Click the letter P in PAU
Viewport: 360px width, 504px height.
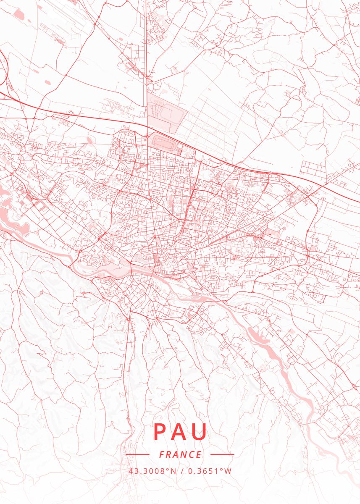[x=160, y=431]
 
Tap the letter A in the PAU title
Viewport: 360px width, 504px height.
[x=180, y=431]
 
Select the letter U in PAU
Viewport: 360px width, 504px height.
[x=200, y=431]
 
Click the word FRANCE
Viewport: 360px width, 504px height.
[x=180, y=454]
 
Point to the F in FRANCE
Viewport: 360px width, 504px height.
[x=162, y=454]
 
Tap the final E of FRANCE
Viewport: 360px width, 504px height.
[x=199, y=454]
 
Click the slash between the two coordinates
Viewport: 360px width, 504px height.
[x=182, y=471]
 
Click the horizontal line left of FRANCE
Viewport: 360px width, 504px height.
[x=137, y=454]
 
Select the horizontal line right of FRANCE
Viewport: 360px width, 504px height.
[x=222, y=454]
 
